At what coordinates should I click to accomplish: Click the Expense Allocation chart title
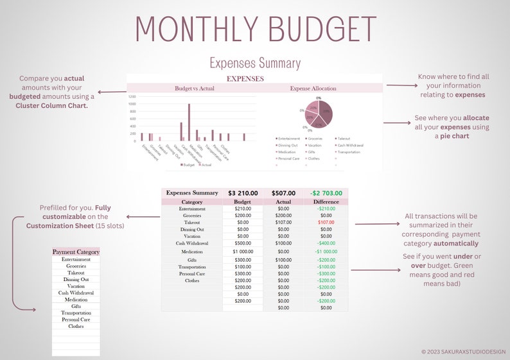[313, 89]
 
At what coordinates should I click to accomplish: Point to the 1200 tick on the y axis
[132, 96]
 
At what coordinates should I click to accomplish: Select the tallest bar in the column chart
[189, 121]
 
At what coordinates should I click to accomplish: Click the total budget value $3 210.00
[243, 193]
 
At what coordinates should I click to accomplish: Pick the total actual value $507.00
[283, 193]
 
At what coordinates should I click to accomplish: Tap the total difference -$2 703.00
[326, 193]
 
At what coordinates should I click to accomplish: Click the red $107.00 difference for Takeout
[326, 222]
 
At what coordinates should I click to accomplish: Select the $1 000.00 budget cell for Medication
[243, 252]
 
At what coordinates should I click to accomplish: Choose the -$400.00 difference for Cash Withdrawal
[326, 243]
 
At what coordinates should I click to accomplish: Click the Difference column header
[326, 201]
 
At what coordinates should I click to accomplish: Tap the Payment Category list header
[76, 252]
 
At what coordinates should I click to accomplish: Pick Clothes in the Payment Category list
[76, 326]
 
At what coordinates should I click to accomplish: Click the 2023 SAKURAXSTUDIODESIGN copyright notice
[464, 352]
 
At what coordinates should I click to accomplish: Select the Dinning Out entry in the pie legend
[287, 145]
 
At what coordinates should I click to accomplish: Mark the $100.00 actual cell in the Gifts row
[283, 260]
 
